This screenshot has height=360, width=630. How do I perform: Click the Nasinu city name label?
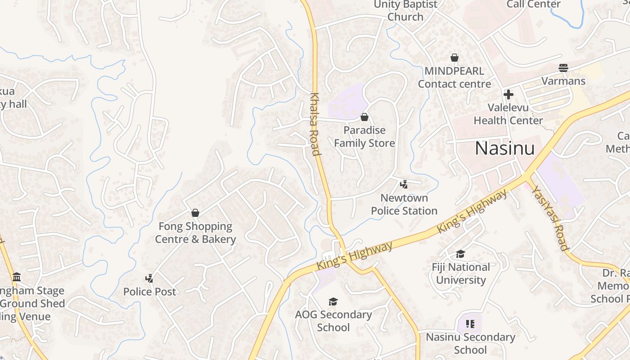pyautogui.click(x=505, y=148)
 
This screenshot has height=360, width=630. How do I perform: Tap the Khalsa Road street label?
pyautogui.click(x=315, y=124)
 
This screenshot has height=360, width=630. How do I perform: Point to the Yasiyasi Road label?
pyautogui.click(x=549, y=217)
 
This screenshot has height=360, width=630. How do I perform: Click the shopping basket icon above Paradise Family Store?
pyautogui.click(x=364, y=117)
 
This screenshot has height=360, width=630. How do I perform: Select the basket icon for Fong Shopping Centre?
pyautogui.click(x=195, y=213)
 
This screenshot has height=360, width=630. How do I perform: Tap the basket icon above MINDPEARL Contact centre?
pyautogui.click(x=454, y=58)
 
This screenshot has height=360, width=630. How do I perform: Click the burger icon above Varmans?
pyautogui.click(x=563, y=68)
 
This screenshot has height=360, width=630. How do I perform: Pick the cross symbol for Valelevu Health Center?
pyautogui.click(x=508, y=94)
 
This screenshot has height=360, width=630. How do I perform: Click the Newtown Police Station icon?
pyautogui.click(x=404, y=184)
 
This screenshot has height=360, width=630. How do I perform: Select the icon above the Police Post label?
pyautogui.click(x=149, y=279)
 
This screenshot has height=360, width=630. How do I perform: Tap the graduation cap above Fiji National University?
pyautogui.click(x=460, y=254)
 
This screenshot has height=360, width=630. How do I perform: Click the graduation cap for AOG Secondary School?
pyautogui.click(x=333, y=301)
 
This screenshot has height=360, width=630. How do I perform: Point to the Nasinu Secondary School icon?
pyautogui.click(x=470, y=324)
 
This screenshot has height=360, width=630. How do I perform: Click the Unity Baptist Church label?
pyautogui.click(x=405, y=11)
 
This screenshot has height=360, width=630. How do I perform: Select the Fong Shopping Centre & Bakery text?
pyautogui.click(x=195, y=233)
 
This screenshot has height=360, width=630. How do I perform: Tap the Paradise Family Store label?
pyautogui.click(x=364, y=137)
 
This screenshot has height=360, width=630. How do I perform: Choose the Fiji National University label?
pyautogui.click(x=461, y=274)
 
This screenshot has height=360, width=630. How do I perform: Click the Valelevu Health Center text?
pyautogui.click(x=508, y=114)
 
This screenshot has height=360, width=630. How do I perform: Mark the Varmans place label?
pyautogui.click(x=563, y=81)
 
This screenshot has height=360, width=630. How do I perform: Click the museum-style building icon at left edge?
pyautogui.click(x=17, y=277)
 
